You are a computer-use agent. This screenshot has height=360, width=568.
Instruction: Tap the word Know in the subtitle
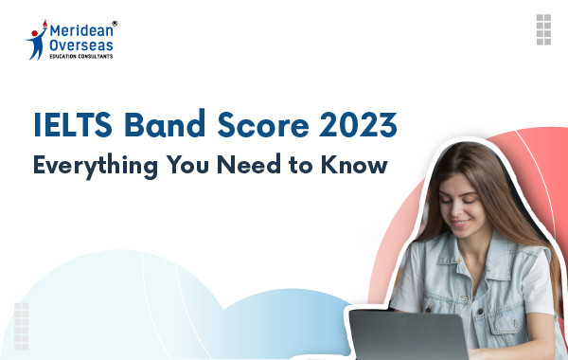click(359, 165)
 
